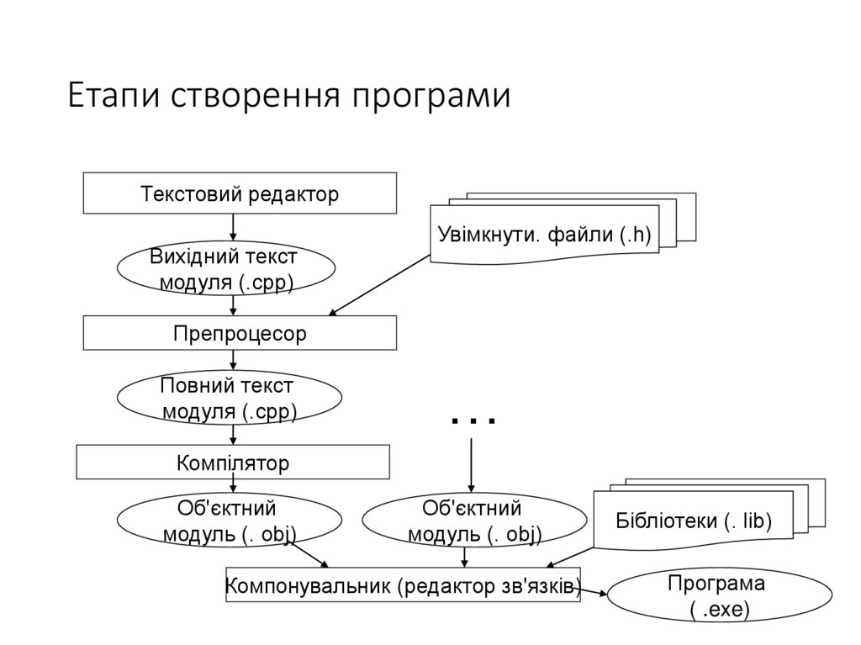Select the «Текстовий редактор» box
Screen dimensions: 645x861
click(x=240, y=194)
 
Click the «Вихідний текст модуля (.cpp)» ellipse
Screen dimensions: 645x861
click(x=226, y=269)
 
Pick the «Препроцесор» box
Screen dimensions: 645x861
click(x=240, y=333)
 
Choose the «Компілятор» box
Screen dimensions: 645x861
click(x=233, y=463)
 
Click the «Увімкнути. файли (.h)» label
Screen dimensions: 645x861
click(x=544, y=235)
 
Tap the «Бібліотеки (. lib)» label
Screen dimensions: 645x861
click(x=694, y=521)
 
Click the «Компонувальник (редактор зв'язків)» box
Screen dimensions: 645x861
click(x=404, y=585)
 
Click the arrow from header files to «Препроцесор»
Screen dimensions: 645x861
click(x=379, y=286)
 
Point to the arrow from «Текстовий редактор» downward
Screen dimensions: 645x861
click(x=233, y=226)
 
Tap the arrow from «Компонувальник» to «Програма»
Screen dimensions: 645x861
click(x=594, y=590)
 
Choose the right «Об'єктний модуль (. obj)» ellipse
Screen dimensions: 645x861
click(x=473, y=521)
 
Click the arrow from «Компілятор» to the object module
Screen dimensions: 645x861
click(x=233, y=486)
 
